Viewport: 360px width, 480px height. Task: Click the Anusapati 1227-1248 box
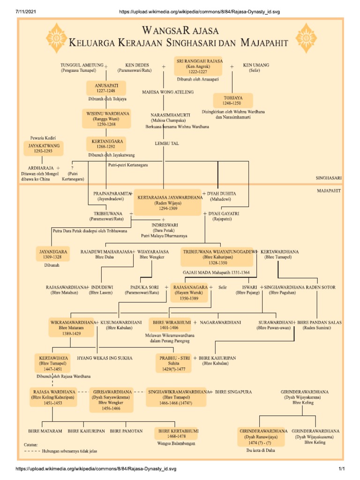coord(106,88)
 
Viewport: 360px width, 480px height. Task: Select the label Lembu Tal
coord(164,144)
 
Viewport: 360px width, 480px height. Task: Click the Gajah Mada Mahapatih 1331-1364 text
coord(223,272)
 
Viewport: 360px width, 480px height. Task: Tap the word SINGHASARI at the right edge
coord(328,178)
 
